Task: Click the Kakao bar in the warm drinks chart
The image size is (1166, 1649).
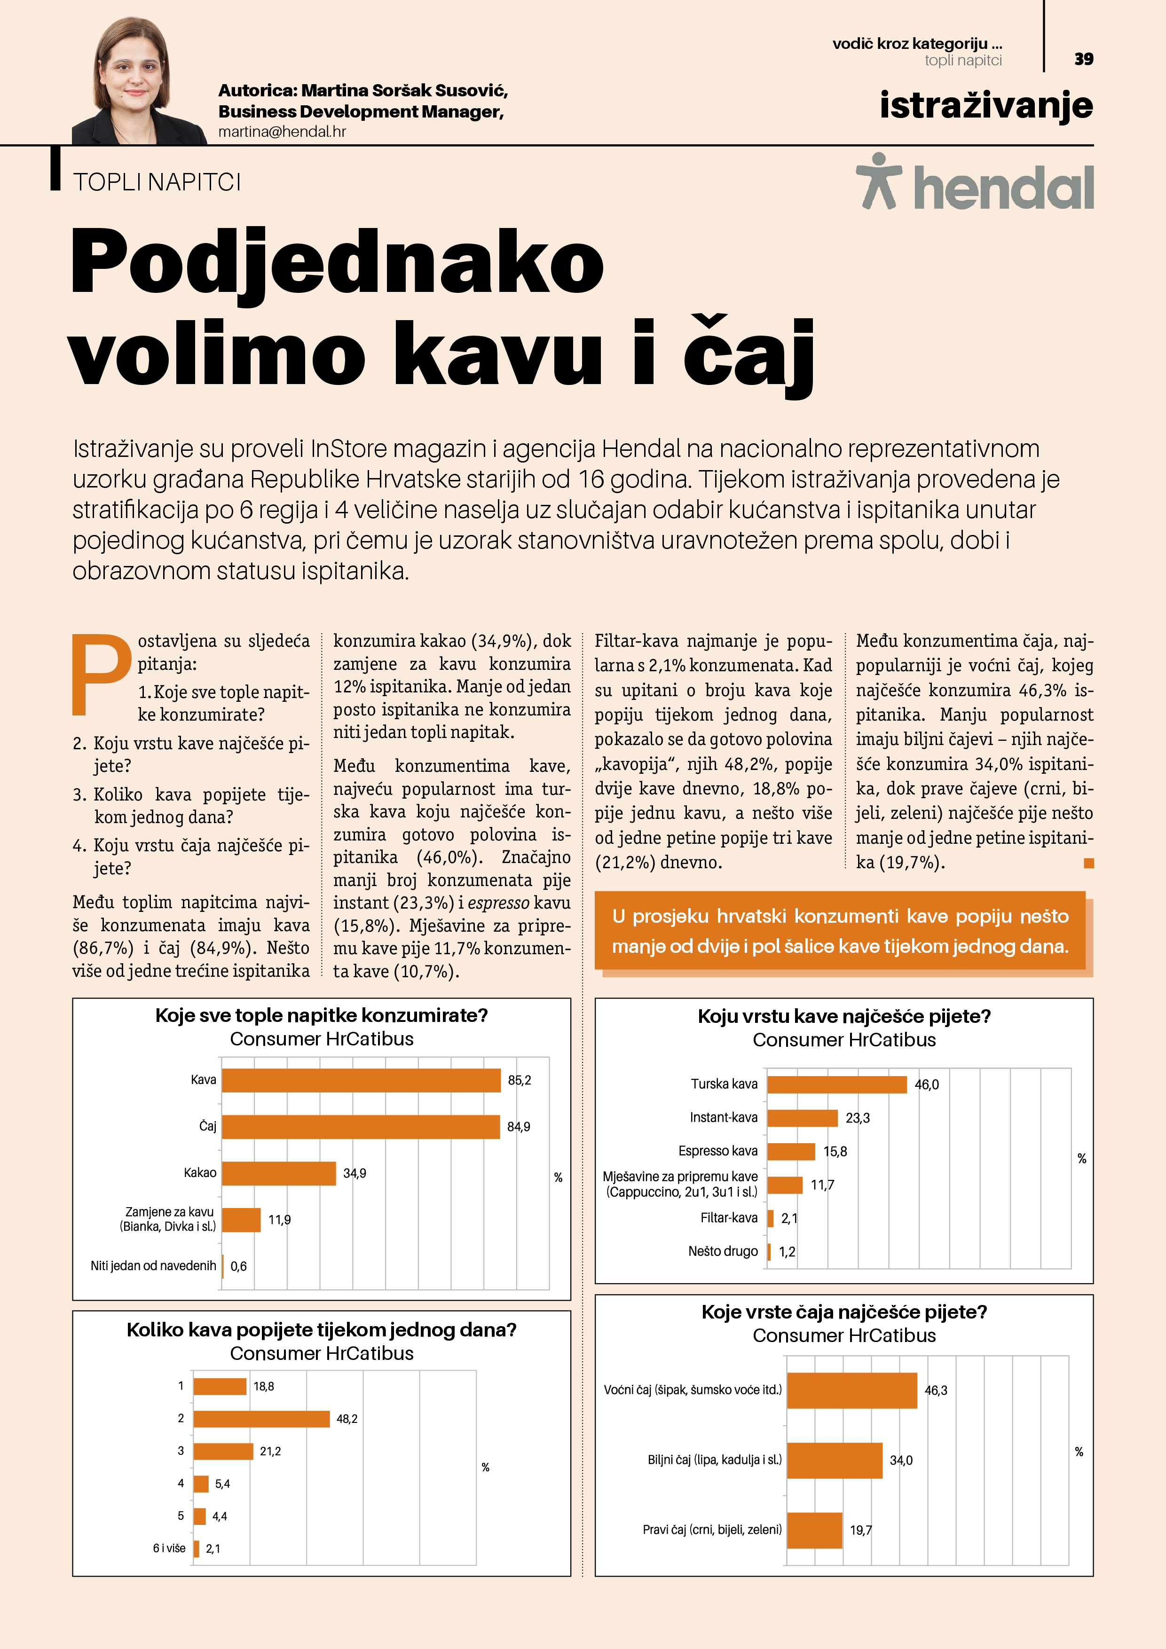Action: tap(279, 1173)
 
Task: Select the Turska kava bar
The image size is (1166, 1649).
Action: tap(837, 1084)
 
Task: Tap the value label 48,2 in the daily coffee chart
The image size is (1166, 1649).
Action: tap(347, 1419)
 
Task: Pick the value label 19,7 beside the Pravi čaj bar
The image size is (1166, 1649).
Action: tap(861, 1530)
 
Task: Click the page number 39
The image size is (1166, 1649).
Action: tap(1083, 59)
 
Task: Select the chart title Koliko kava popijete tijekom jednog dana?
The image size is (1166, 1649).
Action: tap(321, 1330)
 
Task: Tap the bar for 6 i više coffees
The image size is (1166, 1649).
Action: tap(196, 1548)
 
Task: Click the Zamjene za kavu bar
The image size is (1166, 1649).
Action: tap(241, 1219)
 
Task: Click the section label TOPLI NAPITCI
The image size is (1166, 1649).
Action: tap(157, 182)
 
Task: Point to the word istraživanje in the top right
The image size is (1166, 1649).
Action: tap(985, 106)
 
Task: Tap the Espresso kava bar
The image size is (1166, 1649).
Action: tap(791, 1151)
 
